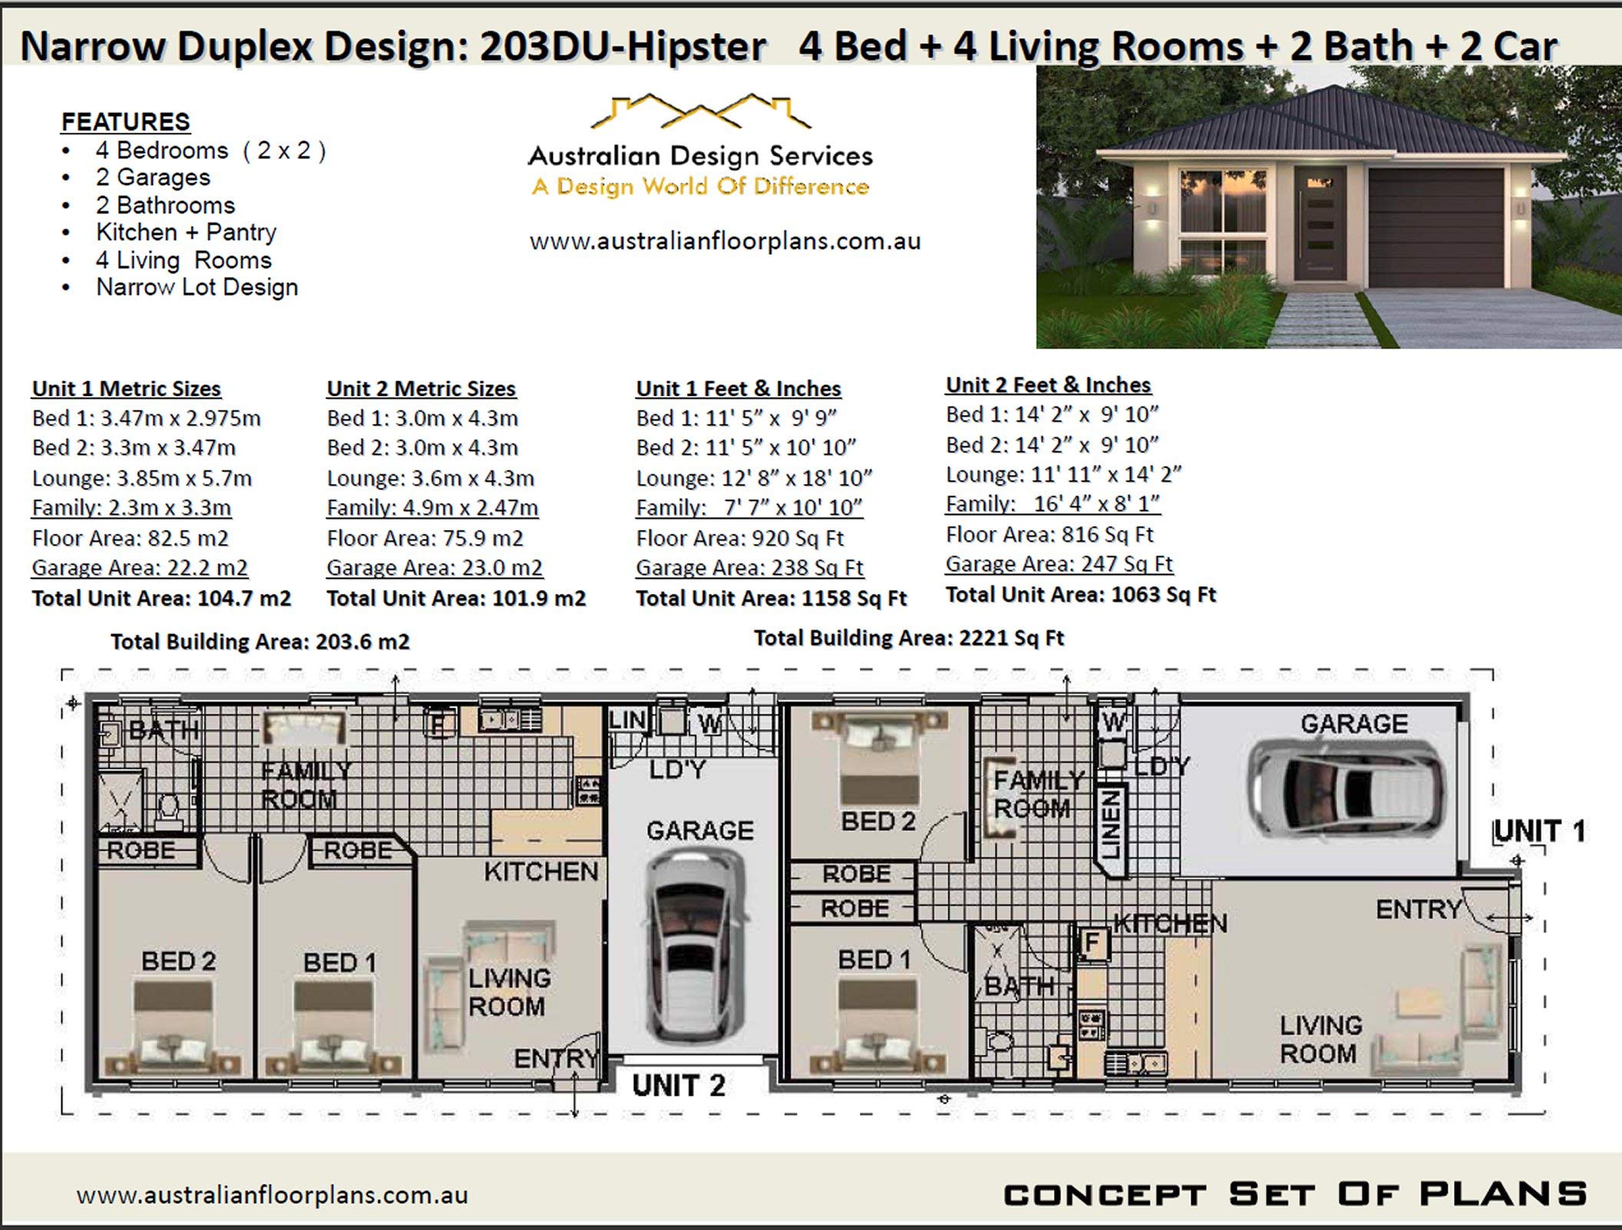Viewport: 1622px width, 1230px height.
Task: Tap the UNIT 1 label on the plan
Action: click(1539, 831)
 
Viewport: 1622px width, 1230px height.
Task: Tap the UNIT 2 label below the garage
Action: click(678, 1086)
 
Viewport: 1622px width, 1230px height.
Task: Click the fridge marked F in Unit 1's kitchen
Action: click(1092, 943)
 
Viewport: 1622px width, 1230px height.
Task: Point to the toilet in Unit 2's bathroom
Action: click(168, 808)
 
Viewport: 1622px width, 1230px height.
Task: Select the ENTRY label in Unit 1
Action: click(1418, 910)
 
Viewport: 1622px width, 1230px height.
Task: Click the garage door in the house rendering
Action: click(1435, 229)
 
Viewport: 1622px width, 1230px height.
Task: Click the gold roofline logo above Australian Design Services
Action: click(700, 112)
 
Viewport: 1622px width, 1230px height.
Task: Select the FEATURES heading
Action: click(126, 122)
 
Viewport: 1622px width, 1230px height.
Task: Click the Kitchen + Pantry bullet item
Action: click(186, 232)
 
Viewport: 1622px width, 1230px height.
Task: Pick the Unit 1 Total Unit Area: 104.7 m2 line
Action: click(161, 599)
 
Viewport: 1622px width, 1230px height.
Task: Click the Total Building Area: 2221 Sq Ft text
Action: click(909, 638)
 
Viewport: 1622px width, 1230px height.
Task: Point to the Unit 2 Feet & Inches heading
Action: click(1048, 385)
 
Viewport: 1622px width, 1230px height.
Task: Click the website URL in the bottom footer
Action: click(272, 1195)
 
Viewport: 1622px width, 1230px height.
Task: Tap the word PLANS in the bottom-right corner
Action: click(1502, 1194)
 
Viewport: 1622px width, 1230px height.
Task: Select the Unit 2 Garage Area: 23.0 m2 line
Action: click(434, 568)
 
